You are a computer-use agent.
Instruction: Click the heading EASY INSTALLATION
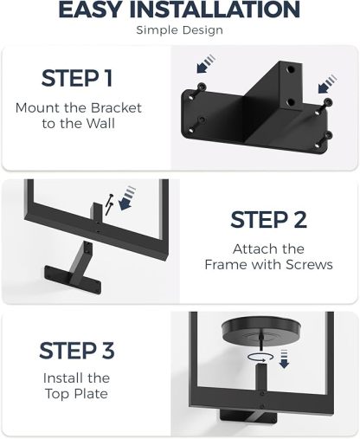click(180, 10)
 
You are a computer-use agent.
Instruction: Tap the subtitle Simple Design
click(180, 30)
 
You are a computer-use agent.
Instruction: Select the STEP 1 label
click(77, 78)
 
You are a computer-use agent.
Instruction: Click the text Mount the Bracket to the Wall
click(77, 117)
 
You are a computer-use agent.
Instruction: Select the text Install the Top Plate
click(77, 386)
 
